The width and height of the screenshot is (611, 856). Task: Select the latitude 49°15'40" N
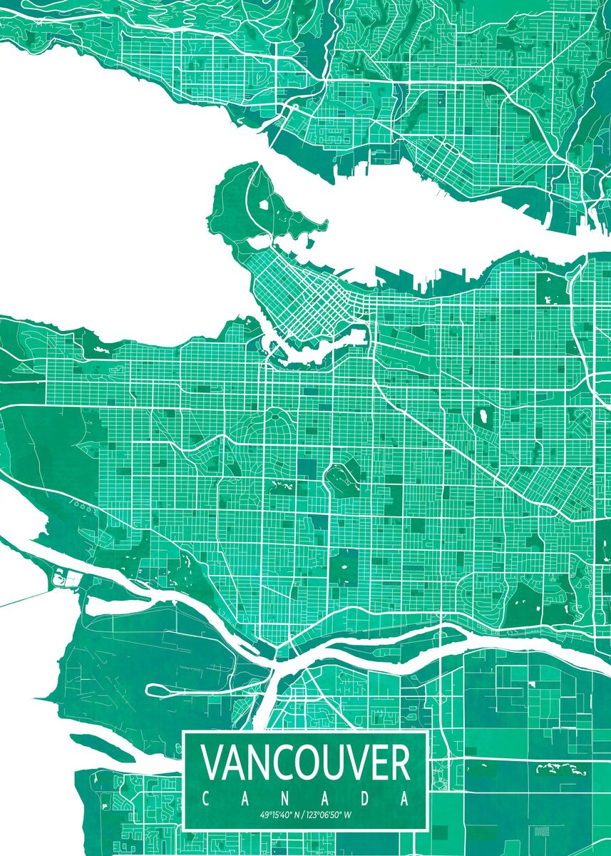click(x=279, y=814)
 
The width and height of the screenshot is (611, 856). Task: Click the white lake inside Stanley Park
click(x=265, y=205)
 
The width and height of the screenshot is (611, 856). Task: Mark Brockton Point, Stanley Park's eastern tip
click(x=325, y=227)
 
